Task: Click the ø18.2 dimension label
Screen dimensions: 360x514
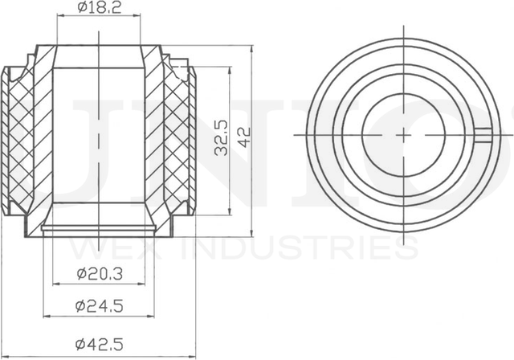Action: (x=99, y=8)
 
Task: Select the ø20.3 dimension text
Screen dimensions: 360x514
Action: (x=100, y=273)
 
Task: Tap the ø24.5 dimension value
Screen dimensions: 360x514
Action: (x=100, y=306)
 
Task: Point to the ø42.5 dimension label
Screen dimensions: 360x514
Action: (x=100, y=344)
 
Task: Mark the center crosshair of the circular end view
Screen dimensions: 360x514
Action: (x=401, y=134)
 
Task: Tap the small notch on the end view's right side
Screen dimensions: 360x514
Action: (x=486, y=135)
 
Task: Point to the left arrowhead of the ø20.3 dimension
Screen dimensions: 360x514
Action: (x=55, y=283)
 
